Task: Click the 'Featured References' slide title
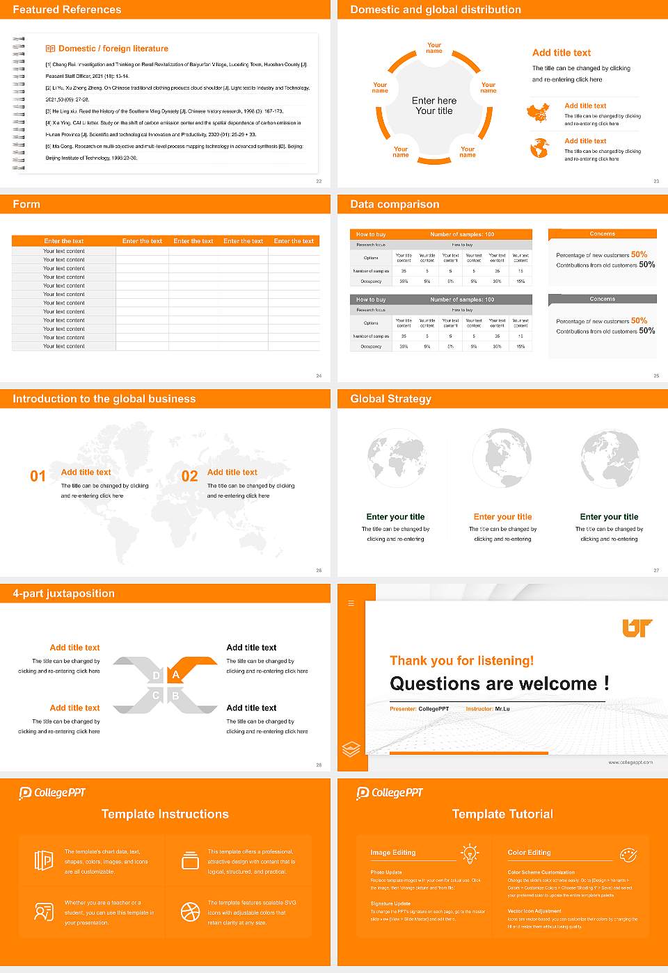pyautogui.click(x=67, y=10)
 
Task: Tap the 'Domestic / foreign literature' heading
pyautogui.click(x=113, y=49)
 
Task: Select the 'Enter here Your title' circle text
pyautogui.click(x=434, y=106)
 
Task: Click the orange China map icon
pyautogui.click(x=538, y=113)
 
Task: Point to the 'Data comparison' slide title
pyautogui.click(x=395, y=204)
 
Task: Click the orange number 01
pyautogui.click(x=38, y=476)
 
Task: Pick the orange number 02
pyautogui.click(x=189, y=476)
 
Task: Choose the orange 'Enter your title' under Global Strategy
pyautogui.click(x=502, y=517)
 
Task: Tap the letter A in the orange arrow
pyautogui.click(x=176, y=675)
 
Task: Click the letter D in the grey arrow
pyautogui.click(x=156, y=676)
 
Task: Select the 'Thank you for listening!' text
pyautogui.click(x=461, y=661)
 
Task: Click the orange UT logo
pyautogui.click(x=637, y=628)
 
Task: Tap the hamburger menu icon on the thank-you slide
pyautogui.click(x=351, y=603)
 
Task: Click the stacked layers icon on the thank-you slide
pyautogui.click(x=351, y=749)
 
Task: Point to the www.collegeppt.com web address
pyautogui.click(x=630, y=762)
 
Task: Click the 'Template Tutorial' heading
pyautogui.click(x=502, y=815)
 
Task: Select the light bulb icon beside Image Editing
pyautogui.click(x=470, y=853)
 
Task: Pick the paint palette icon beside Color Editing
pyautogui.click(x=628, y=854)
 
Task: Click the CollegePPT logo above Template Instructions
pyautogui.click(x=52, y=793)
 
